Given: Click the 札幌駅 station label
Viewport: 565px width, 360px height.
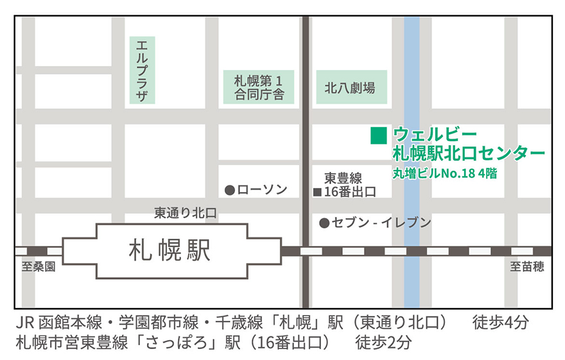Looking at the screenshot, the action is point(169,250).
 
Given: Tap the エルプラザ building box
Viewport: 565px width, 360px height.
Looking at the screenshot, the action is point(143,70).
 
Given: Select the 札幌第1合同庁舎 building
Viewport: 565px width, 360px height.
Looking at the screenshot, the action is point(258,88).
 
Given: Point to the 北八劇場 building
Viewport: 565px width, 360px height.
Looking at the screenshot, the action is point(352,88).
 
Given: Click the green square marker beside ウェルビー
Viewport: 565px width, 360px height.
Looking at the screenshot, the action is point(379,135).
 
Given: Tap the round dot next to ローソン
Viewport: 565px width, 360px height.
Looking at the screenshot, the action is point(229,190).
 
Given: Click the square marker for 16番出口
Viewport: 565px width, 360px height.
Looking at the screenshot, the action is point(317,192).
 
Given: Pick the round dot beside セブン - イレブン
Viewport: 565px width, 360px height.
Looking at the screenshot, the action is point(324,223).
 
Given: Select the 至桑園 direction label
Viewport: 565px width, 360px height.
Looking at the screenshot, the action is point(39,267).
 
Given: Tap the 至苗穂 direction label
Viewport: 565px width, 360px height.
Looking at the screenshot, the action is point(527,267).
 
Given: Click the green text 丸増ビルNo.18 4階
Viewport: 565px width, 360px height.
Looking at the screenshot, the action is point(445,173).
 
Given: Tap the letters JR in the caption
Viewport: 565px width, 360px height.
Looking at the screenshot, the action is point(26,321).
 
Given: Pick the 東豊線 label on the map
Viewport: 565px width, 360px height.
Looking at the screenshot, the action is point(343,178).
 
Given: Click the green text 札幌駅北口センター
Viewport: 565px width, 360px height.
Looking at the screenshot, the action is point(469,153).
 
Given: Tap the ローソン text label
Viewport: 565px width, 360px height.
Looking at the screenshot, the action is point(263,190).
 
